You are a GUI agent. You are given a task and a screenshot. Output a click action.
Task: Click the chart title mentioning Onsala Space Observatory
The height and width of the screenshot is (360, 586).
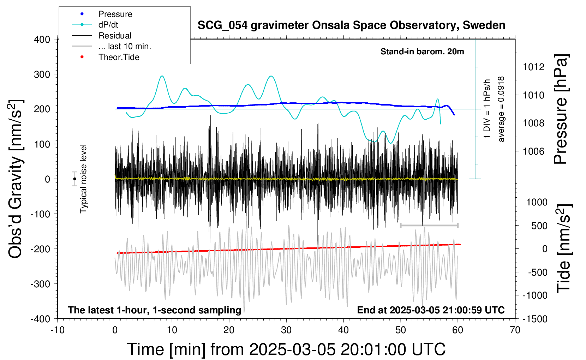click(x=351, y=25)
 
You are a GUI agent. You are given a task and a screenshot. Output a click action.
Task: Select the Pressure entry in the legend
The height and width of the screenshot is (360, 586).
click(x=102, y=14)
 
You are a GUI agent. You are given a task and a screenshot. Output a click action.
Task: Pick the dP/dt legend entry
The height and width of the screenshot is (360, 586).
click(x=95, y=25)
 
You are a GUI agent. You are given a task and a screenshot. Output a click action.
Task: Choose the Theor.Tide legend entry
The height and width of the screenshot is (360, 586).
click(x=106, y=57)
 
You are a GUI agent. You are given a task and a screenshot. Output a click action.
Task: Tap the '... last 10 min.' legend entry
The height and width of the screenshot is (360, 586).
click(x=112, y=46)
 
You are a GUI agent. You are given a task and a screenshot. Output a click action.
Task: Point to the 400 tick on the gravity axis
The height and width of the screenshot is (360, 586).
click(x=42, y=40)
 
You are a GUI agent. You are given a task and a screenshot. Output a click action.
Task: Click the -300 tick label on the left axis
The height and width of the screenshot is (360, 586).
click(x=40, y=284)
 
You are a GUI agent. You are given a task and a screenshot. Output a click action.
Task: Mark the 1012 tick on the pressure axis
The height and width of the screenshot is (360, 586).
click(x=533, y=67)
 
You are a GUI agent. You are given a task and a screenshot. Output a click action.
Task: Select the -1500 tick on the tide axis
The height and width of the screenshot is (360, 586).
click(x=535, y=319)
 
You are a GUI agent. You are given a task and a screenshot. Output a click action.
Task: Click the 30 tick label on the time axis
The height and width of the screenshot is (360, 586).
click(x=286, y=330)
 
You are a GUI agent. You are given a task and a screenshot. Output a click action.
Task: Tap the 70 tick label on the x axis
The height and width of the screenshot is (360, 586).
click(x=515, y=330)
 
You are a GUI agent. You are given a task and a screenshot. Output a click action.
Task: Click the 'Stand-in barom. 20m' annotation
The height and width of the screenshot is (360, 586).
click(x=422, y=52)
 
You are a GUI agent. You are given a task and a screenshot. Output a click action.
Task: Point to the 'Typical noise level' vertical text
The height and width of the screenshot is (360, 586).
click(x=83, y=179)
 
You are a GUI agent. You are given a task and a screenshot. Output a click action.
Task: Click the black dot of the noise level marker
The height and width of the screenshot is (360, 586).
click(x=75, y=179)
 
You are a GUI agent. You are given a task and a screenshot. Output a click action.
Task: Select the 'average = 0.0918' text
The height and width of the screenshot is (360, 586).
click(x=501, y=109)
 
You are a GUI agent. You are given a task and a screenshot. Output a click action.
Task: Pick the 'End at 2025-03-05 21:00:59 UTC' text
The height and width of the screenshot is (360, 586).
click(x=431, y=310)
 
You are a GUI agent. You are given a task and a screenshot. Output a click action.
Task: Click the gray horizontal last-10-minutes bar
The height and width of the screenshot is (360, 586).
click(x=429, y=225)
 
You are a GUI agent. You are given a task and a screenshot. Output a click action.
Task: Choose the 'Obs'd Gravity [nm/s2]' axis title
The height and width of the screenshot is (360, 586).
click(x=15, y=179)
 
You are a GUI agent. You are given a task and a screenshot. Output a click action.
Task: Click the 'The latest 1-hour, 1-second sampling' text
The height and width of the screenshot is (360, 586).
click(x=154, y=310)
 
